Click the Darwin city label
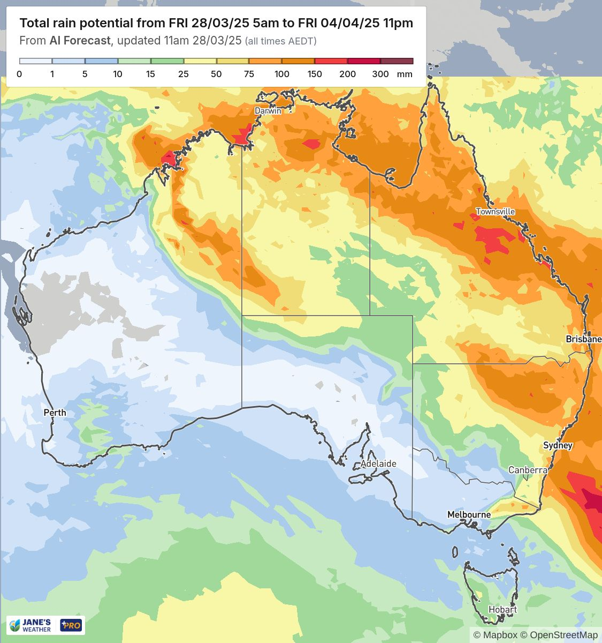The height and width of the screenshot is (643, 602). coord(268,111)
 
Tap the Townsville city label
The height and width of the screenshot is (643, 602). coord(495,212)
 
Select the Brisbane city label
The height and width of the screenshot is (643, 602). coord(583,339)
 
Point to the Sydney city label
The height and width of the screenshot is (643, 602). coord(558,445)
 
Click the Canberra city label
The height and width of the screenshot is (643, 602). coord(528,470)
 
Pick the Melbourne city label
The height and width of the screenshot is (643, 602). coord(469,514)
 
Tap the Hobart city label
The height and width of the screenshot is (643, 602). coord(502,610)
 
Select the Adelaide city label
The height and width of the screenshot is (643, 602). coord(378,463)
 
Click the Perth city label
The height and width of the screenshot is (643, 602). coord(55,413)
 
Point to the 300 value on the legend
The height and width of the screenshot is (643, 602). coord(380,74)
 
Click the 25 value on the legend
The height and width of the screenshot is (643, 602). coord(184,74)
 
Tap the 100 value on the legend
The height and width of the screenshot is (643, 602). coord(282,74)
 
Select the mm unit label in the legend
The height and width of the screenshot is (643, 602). coord(405,74)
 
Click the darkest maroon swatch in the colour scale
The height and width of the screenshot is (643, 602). coord(397,61)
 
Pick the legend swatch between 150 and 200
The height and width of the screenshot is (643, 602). coord(331,61)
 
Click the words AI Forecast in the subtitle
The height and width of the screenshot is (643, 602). coord(80,41)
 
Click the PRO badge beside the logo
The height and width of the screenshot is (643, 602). coord(71,625)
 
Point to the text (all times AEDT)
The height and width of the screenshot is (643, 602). coord(280,41)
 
